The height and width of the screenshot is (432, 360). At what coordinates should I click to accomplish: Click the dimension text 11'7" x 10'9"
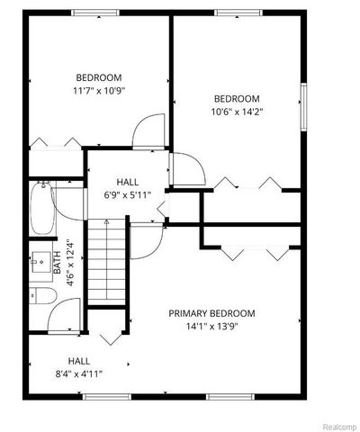tap(98, 91)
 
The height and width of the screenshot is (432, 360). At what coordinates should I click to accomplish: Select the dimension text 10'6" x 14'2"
tap(237, 112)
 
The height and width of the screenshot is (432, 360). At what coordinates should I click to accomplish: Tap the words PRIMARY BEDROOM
tap(212, 313)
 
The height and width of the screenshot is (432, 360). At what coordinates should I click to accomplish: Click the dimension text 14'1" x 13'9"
tap(212, 327)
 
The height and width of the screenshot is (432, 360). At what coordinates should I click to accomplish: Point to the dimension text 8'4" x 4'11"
tap(78, 373)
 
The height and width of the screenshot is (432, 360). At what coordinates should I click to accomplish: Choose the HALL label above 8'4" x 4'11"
tap(78, 361)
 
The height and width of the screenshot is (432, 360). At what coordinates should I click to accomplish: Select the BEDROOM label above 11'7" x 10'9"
tap(98, 77)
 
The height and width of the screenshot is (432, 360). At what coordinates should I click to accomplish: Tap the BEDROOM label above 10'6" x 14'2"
tap(237, 99)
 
